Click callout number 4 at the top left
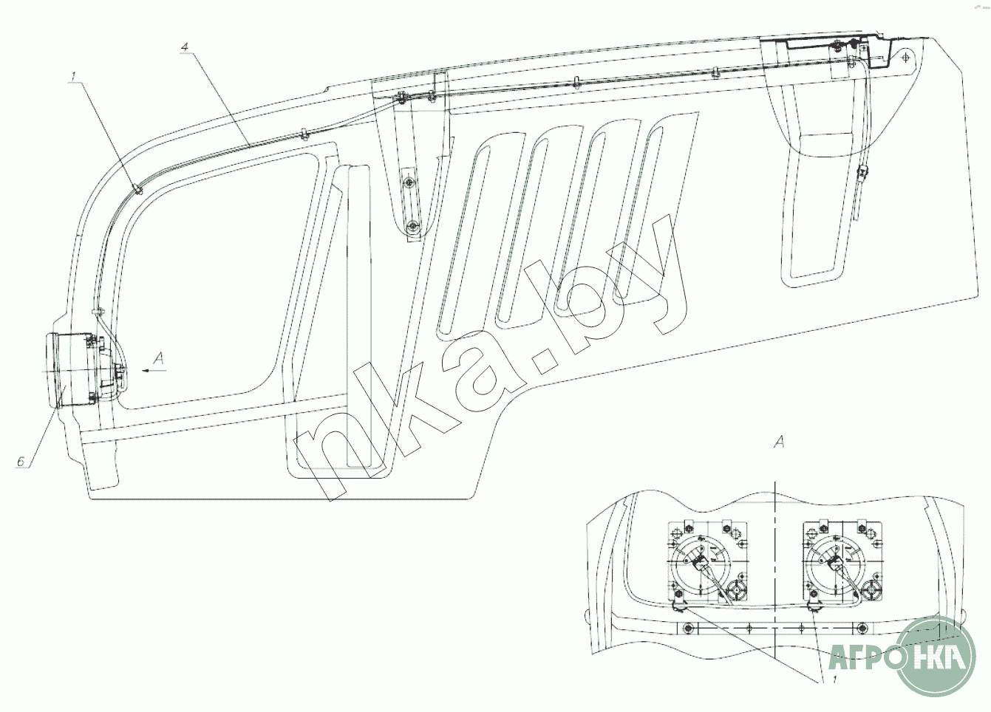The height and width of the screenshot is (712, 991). (x=185, y=47)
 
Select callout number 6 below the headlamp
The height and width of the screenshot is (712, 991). (x=21, y=462)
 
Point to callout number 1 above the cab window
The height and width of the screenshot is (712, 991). (x=74, y=77)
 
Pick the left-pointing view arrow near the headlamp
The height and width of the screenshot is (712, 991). (x=154, y=370)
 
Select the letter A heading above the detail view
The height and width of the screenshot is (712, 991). (x=780, y=441)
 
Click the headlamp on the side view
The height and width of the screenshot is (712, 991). (x=75, y=371)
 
